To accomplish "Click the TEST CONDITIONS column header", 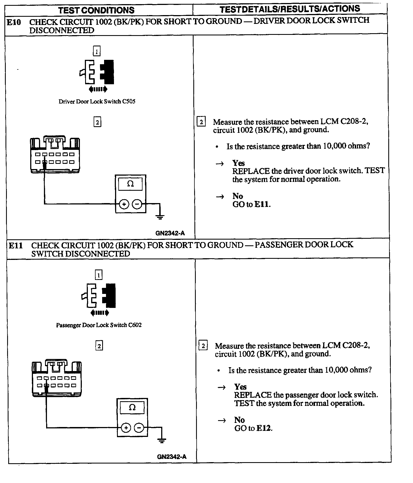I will [x=96, y=10].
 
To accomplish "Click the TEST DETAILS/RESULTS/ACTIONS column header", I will [x=290, y=9].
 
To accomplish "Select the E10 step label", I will [x=14, y=22].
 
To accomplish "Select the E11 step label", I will [x=16, y=246].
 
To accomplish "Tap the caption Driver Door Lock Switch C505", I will [x=97, y=102].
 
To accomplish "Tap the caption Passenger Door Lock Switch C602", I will [x=99, y=325].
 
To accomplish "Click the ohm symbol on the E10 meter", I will [x=130, y=184].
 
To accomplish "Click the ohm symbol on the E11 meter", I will [x=132, y=408].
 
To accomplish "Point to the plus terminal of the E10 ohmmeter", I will [x=124, y=204].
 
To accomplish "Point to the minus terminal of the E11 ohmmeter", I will [x=139, y=428].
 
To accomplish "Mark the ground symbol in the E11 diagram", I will [x=162, y=440].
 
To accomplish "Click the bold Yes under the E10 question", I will [x=238, y=163].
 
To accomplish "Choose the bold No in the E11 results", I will [x=239, y=420].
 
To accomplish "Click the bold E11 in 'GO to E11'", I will [x=262, y=204].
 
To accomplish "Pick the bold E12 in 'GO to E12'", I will [x=264, y=428].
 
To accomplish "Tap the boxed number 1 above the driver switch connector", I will [x=97, y=51].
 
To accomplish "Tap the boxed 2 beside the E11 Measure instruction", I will [x=203, y=346].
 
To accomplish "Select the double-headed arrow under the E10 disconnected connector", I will [x=98, y=89].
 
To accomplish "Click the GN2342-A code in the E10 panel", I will [x=170, y=233].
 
